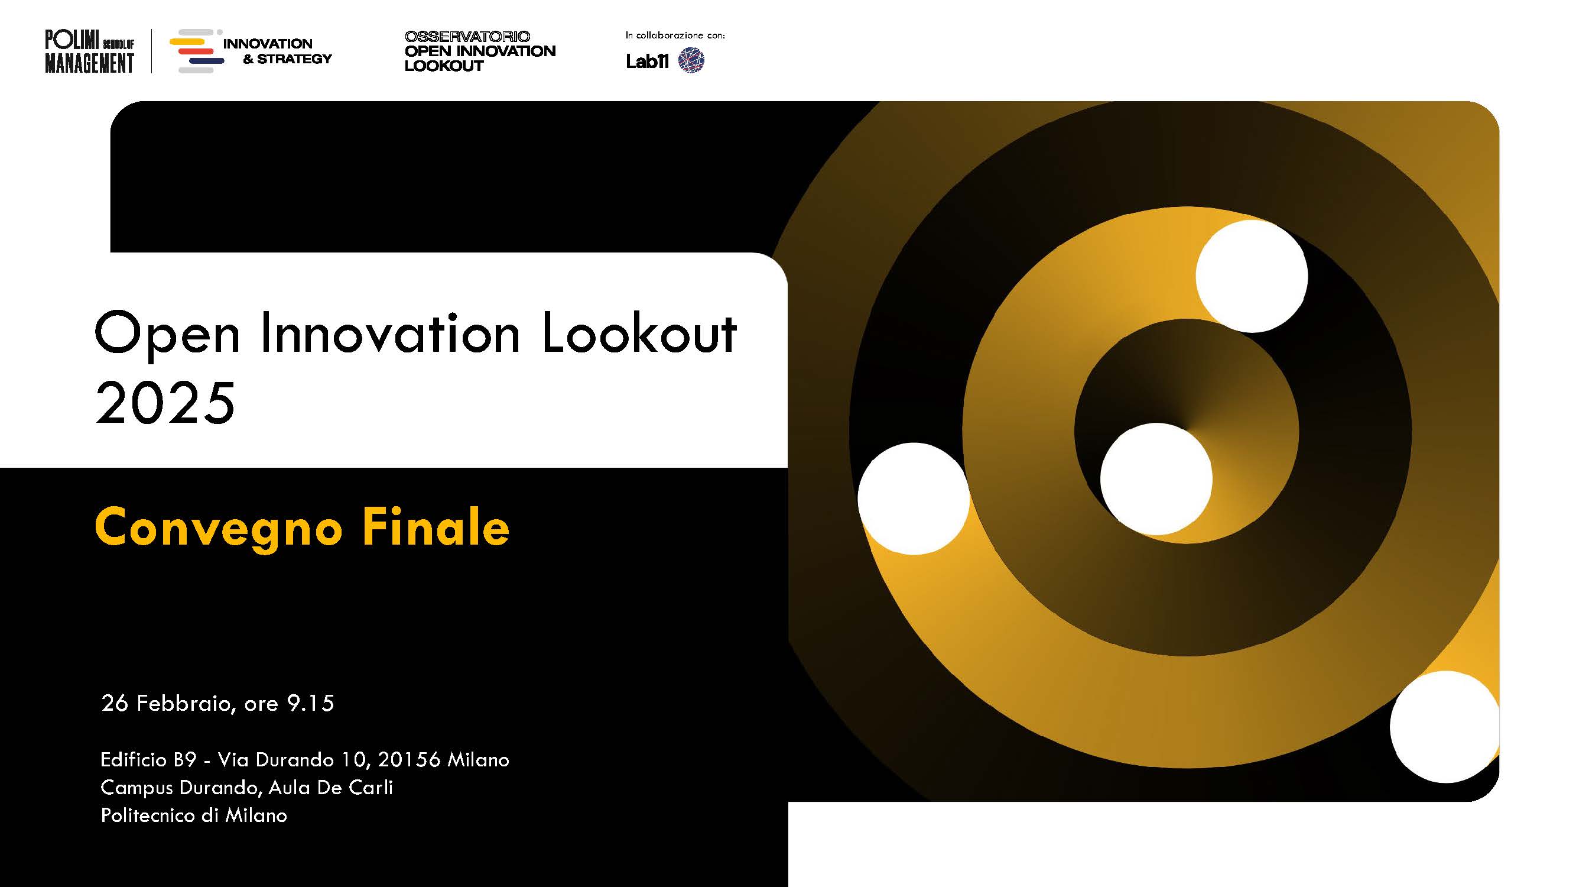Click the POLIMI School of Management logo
(89, 51)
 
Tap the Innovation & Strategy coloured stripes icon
(197, 51)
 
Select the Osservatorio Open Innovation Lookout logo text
(480, 51)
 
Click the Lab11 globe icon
(691, 60)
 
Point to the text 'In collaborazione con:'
(675, 35)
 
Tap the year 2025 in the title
(165, 402)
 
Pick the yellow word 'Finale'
(436, 526)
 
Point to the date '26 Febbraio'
(166, 703)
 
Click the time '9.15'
(311, 703)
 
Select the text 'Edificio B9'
(148, 760)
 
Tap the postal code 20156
(409, 760)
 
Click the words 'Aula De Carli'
(330, 787)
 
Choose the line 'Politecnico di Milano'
(193, 815)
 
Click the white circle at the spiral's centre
(1156, 480)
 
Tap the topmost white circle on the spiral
(1252, 277)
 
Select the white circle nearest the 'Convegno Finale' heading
(914, 499)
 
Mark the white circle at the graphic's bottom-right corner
(1445, 727)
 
